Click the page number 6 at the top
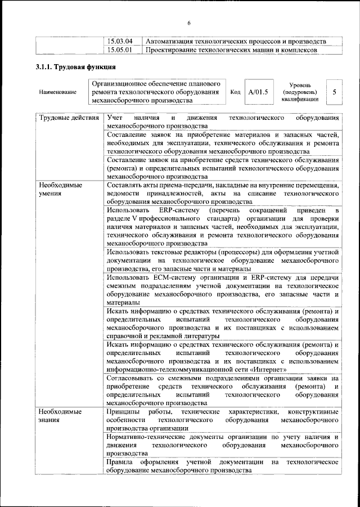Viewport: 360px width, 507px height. point(189,23)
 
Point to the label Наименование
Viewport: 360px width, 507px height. point(58,92)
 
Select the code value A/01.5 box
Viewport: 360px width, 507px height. point(259,91)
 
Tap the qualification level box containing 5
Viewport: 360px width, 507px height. point(335,91)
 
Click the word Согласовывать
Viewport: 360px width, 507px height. point(133,378)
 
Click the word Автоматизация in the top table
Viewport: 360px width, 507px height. point(172,42)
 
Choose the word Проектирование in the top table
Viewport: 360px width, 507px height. point(174,50)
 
